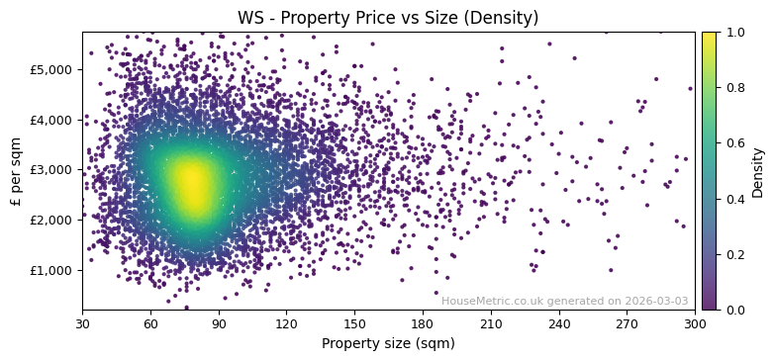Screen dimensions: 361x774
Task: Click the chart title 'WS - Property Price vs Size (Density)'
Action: [x=388, y=18]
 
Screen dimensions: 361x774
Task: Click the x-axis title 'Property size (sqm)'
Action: [x=388, y=344]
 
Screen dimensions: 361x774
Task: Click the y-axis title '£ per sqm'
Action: [x=16, y=171]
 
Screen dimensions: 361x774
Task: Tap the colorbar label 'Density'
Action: [x=758, y=171]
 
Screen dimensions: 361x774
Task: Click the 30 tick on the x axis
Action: [x=82, y=323]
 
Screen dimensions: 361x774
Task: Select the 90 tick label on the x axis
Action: [x=219, y=323]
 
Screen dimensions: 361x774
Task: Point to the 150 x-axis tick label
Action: [x=354, y=323]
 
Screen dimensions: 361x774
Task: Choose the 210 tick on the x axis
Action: [x=491, y=323]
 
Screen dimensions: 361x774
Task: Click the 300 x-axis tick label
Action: [x=695, y=323]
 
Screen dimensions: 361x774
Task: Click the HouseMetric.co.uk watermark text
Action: [x=564, y=302]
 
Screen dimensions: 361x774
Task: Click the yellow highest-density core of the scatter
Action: [x=192, y=183]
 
